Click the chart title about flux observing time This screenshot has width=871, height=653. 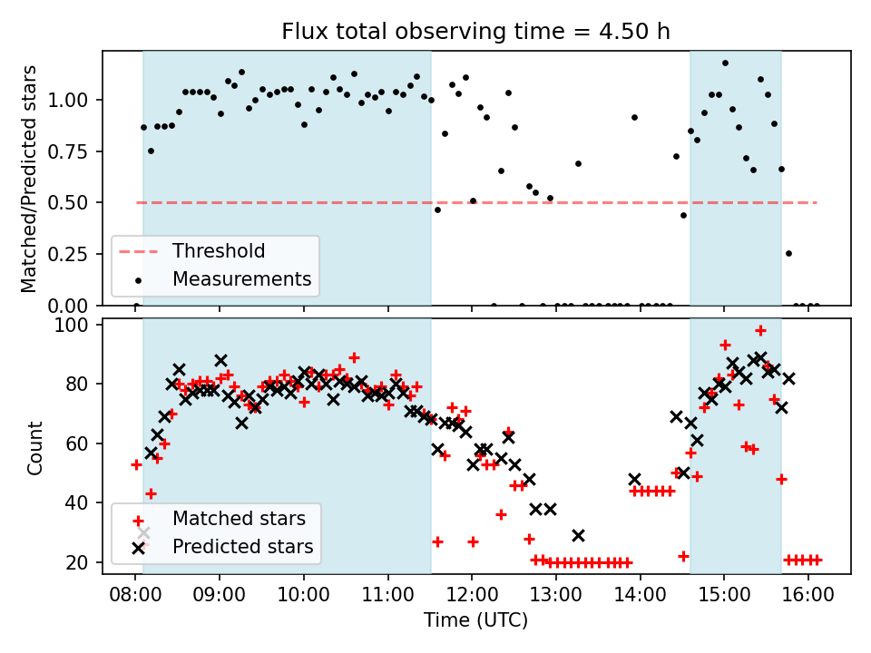coord(476,32)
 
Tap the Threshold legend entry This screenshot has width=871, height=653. coord(219,251)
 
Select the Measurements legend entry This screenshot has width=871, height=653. coord(241,278)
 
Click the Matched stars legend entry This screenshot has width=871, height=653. coord(239,519)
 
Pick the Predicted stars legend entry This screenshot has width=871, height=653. coord(242,547)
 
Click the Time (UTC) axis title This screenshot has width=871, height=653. coord(476,621)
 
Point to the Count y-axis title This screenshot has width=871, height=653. coord(35,447)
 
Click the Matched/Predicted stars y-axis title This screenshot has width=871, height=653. coord(30,179)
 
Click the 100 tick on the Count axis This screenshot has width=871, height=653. coord(80,325)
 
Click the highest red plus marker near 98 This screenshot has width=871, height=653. coord(760,331)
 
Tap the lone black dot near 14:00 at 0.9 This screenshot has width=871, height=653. coord(634,117)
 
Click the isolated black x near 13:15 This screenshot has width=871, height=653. coord(578,535)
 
